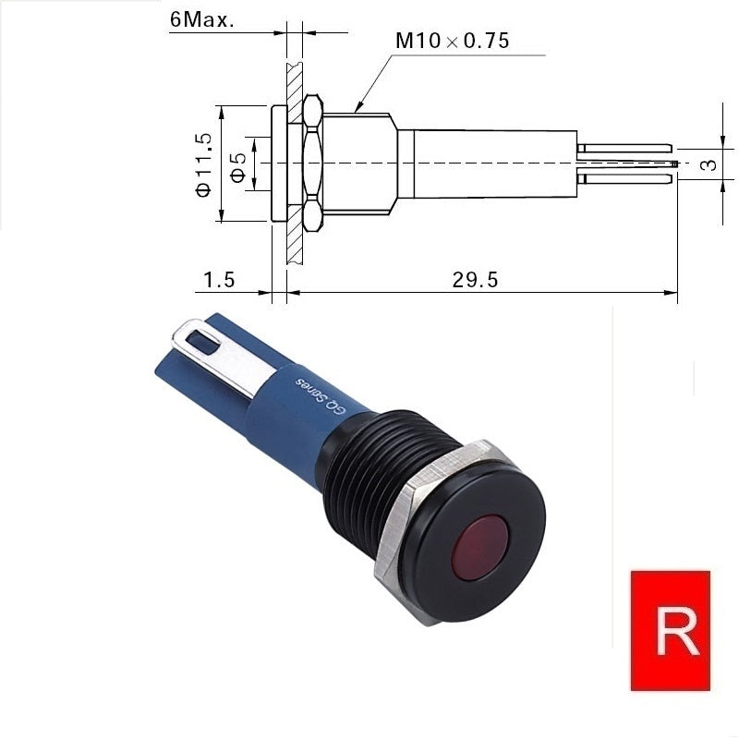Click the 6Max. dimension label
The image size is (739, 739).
pyautogui.click(x=201, y=20)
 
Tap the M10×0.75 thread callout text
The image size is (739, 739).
pyautogui.click(x=453, y=41)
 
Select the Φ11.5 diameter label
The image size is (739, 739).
pyautogui.click(x=204, y=164)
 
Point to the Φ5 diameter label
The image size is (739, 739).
pyautogui.click(x=238, y=167)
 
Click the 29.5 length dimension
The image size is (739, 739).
pyautogui.click(x=475, y=280)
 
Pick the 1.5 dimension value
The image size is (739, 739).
pyautogui.click(x=219, y=280)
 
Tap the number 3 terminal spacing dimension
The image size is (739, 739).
pyautogui.click(x=709, y=164)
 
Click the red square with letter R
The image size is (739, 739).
pyautogui.click(x=671, y=631)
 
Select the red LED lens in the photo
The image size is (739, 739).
pyautogui.click(x=479, y=545)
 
